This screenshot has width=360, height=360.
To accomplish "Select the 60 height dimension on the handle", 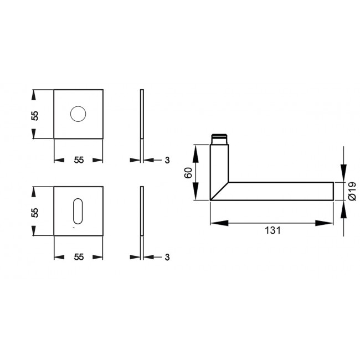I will tap(188, 172).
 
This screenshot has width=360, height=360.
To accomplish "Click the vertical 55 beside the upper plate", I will tap(35, 115).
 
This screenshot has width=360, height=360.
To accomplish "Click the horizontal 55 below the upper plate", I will tap(78, 160).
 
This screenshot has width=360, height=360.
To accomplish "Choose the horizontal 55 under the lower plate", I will tap(78, 257).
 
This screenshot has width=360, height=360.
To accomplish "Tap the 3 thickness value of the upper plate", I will tap(166, 160).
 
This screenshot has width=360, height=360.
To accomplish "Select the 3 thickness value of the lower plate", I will tap(166, 257).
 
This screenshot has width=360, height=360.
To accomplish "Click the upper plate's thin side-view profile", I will tap(142, 114).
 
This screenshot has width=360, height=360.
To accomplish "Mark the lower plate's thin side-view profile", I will tap(142, 210).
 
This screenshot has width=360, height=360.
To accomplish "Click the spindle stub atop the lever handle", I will tap(219, 138).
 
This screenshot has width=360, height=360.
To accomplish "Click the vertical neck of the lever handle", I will tap(219, 163).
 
